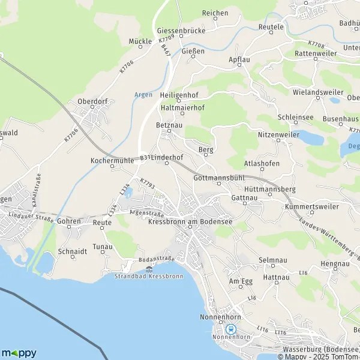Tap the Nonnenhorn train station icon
click(230, 329)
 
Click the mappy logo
click(19, 353)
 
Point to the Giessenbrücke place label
click(181, 31)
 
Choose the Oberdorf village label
click(92, 102)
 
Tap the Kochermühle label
click(110, 161)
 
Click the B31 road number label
click(145, 157)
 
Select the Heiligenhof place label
click(179, 95)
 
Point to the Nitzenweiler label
click(278, 135)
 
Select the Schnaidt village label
click(72, 251)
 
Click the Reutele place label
click(271, 27)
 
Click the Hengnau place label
click(335, 263)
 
